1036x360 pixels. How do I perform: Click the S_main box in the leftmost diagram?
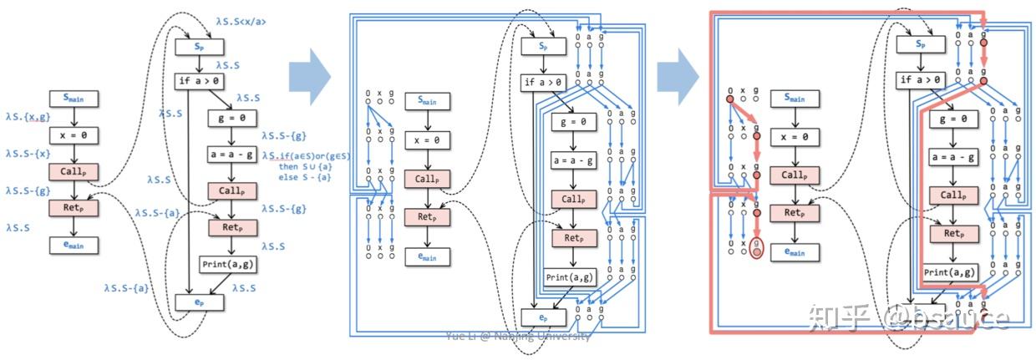[74, 99]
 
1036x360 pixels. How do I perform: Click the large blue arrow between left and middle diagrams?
[308, 75]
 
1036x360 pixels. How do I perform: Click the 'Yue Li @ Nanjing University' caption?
[518, 336]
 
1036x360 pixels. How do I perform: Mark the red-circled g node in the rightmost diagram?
[756, 247]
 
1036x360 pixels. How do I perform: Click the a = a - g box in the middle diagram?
[573, 160]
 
